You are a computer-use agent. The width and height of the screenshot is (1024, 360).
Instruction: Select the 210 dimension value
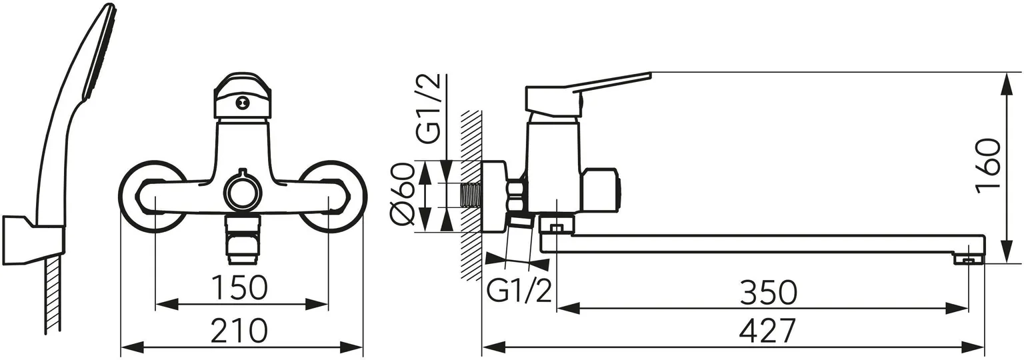pos(239,330)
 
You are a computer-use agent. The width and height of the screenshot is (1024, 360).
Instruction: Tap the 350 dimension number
pos(769,293)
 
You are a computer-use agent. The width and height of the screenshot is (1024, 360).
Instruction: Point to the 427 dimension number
pos(767,330)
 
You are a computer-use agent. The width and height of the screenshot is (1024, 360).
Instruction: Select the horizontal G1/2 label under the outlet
pos(519,291)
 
